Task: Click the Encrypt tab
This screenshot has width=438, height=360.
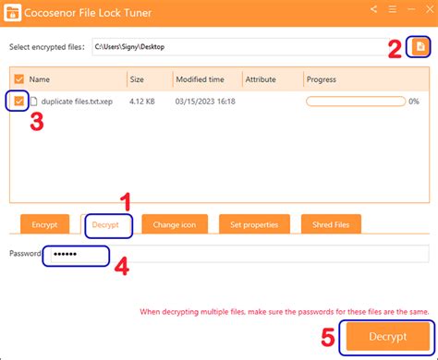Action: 44,223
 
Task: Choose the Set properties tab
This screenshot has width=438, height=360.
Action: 254,223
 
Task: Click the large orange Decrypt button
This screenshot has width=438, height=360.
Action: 387,337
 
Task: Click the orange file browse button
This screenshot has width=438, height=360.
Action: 420,45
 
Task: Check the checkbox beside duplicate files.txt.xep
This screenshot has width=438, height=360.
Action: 20,101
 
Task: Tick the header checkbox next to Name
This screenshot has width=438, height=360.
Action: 20,79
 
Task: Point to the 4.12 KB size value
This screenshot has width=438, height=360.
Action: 143,101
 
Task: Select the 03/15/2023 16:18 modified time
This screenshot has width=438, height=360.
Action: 205,101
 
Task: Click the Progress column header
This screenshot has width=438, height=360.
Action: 323,79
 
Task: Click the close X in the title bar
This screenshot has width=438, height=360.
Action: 420,10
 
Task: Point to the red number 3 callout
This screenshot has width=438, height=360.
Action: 36,123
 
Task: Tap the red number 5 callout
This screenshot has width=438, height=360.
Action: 328,338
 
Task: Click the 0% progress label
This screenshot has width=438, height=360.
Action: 414,101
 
